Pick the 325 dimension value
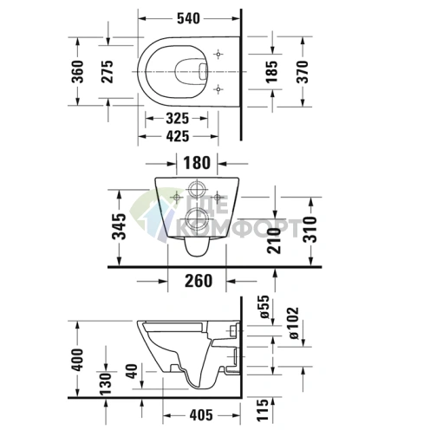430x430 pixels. click(x=177, y=116)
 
